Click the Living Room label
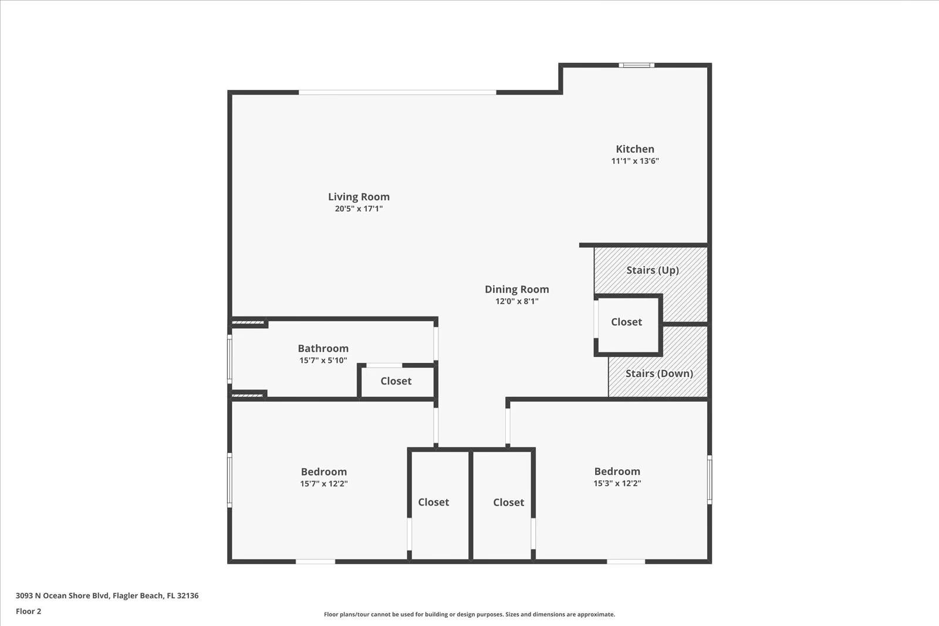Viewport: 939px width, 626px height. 359,197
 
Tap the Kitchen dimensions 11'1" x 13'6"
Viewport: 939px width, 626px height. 635,161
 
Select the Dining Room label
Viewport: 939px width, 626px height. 516,289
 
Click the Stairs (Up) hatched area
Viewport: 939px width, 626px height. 651,270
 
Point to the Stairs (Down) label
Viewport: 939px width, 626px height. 658,373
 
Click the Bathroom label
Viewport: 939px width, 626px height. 323,348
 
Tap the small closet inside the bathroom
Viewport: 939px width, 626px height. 396,382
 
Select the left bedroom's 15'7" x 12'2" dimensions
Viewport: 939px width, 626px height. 323,484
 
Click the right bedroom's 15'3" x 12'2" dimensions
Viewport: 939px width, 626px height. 617,483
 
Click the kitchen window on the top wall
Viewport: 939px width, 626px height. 636,65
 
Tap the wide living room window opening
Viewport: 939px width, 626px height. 397,92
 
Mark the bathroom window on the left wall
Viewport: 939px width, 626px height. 229,358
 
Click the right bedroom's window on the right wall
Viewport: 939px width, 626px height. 709,479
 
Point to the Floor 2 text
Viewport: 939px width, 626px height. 28,611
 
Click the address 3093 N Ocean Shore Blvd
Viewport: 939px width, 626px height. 107,595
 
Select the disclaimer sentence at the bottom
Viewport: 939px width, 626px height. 469,615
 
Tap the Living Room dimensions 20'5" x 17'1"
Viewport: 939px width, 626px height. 359,208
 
